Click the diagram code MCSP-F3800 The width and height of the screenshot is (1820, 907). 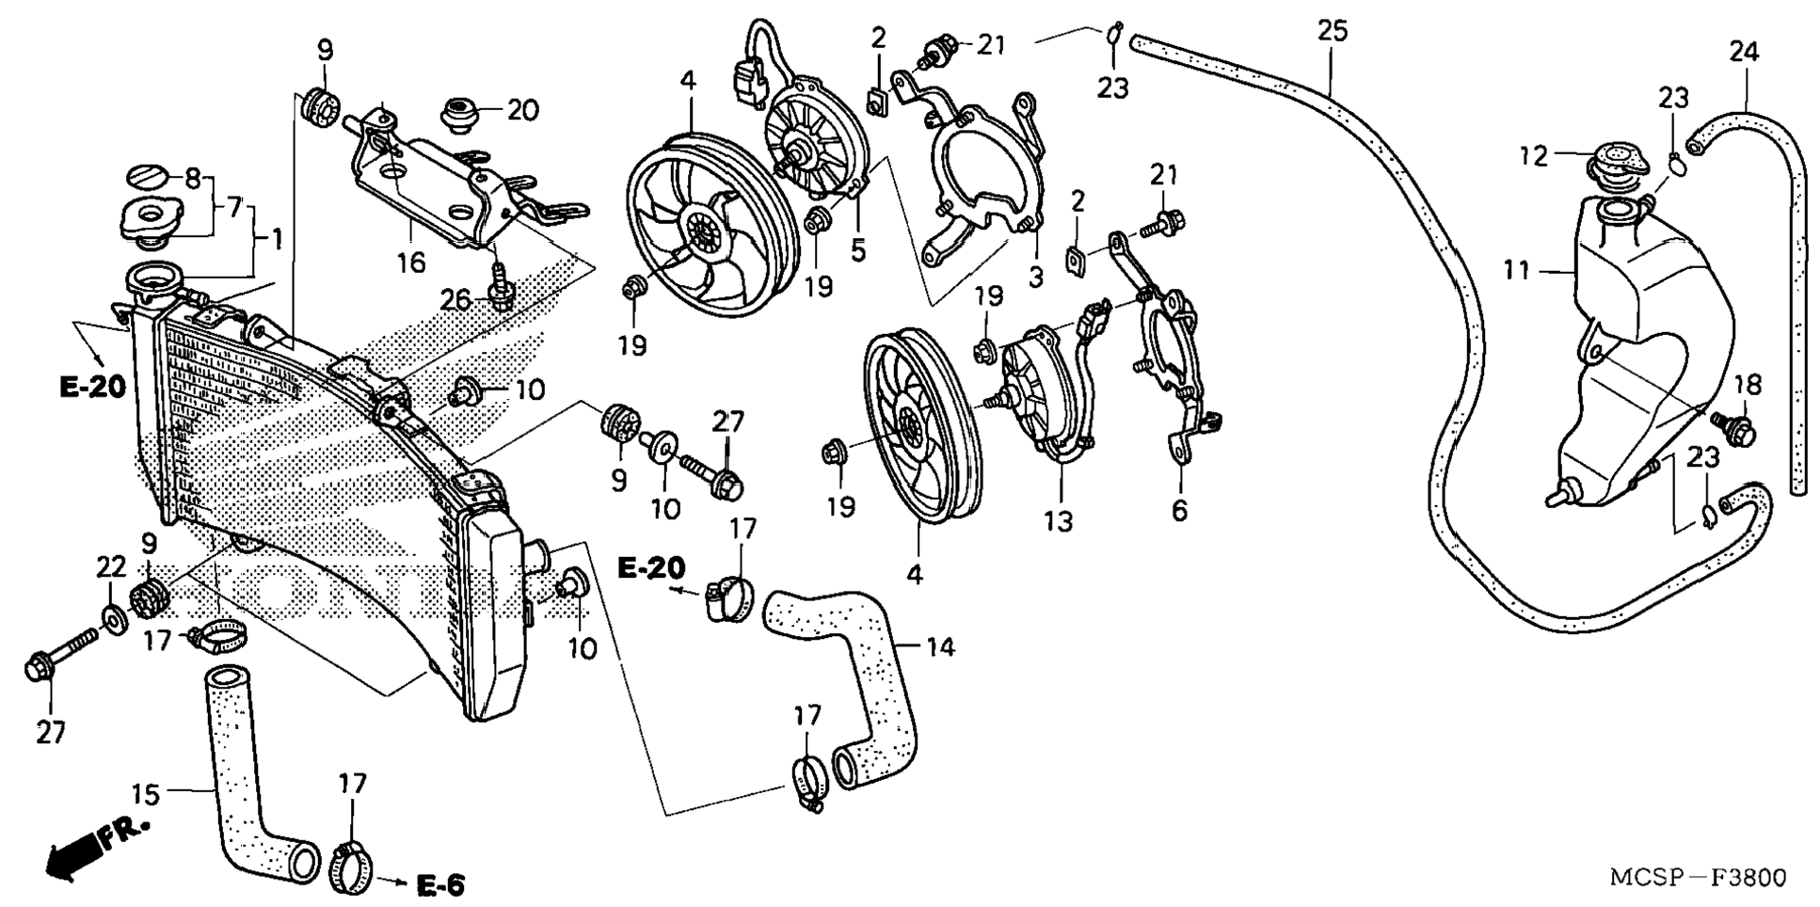tap(1698, 877)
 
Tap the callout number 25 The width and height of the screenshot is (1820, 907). tap(1332, 31)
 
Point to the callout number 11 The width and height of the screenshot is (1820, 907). tap(1515, 271)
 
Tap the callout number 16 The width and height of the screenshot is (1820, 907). tap(410, 262)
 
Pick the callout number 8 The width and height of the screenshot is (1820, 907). tap(192, 177)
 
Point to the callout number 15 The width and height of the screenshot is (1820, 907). tap(145, 795)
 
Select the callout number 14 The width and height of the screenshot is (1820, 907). tap(940, 648)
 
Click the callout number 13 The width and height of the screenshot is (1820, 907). tap(1059, 521)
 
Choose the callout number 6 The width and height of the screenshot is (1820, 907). tap(1180, 511)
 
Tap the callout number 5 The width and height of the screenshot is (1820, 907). tap(858, 251)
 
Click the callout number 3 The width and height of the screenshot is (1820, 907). tap(1036, 276)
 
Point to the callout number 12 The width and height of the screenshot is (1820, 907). tap(1534, 155)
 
